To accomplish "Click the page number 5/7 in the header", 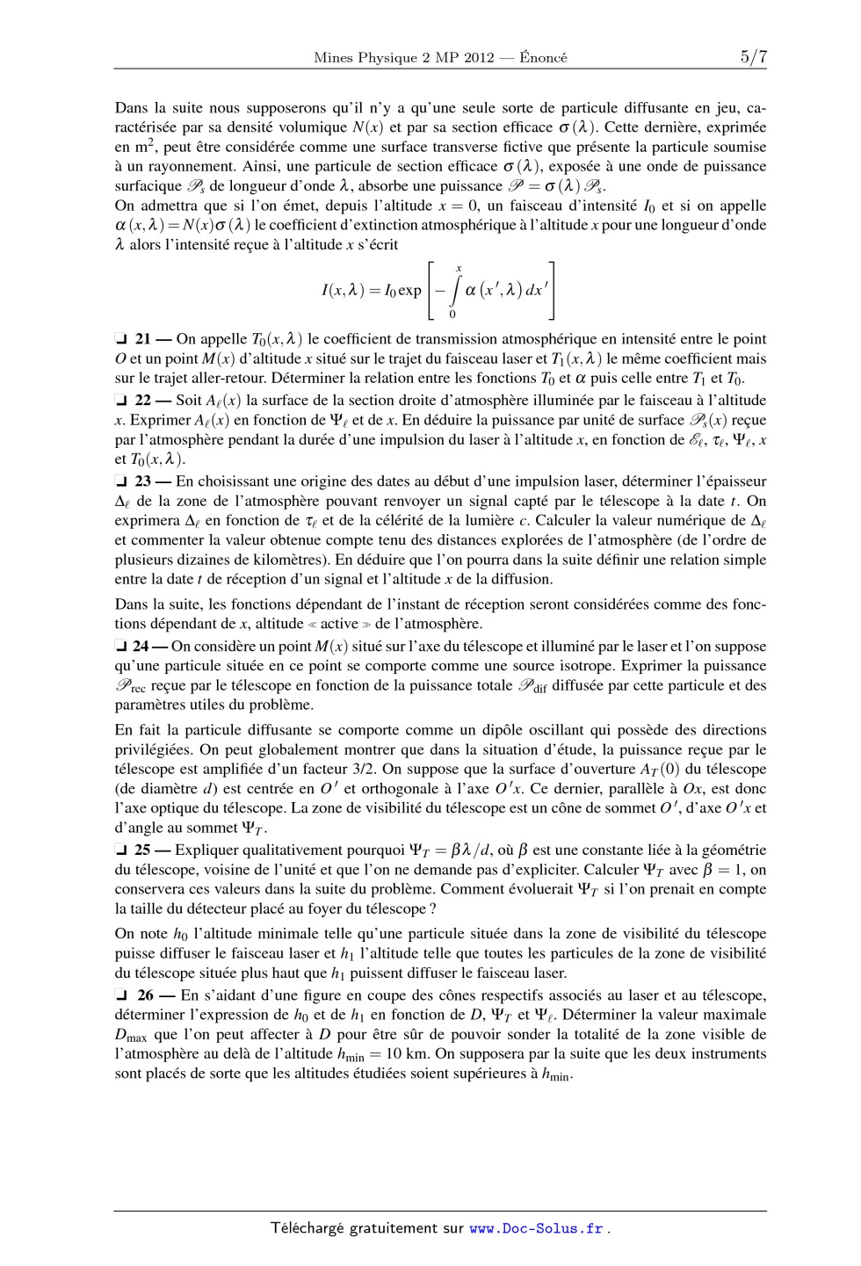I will click(753, 57).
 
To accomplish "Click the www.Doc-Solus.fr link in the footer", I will click(536, 1228).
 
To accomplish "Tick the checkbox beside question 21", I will click(121, 339).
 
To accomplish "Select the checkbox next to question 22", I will click(121, 401).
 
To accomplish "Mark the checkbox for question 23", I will click(121, 481).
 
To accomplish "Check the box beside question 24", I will click(121, 647).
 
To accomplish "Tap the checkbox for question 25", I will click(121, 850).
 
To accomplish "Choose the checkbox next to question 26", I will click(121, 995).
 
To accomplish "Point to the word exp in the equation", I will click(409, 290).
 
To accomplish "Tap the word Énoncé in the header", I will click(542, 58).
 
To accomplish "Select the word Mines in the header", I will click(331, 58).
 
